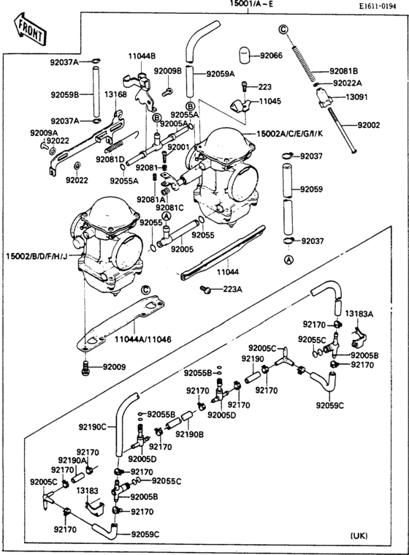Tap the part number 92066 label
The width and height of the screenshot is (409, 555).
point(271,56)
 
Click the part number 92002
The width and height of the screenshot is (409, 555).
point(369,126)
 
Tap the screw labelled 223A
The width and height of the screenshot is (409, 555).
point(207,291)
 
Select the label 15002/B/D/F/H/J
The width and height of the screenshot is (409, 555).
point(37,257)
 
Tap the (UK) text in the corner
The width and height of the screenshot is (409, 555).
point(362,537)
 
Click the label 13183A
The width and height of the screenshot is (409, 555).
point(359,313)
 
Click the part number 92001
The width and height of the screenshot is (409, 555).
point(178,147)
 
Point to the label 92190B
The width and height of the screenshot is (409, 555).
point(190,434)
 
